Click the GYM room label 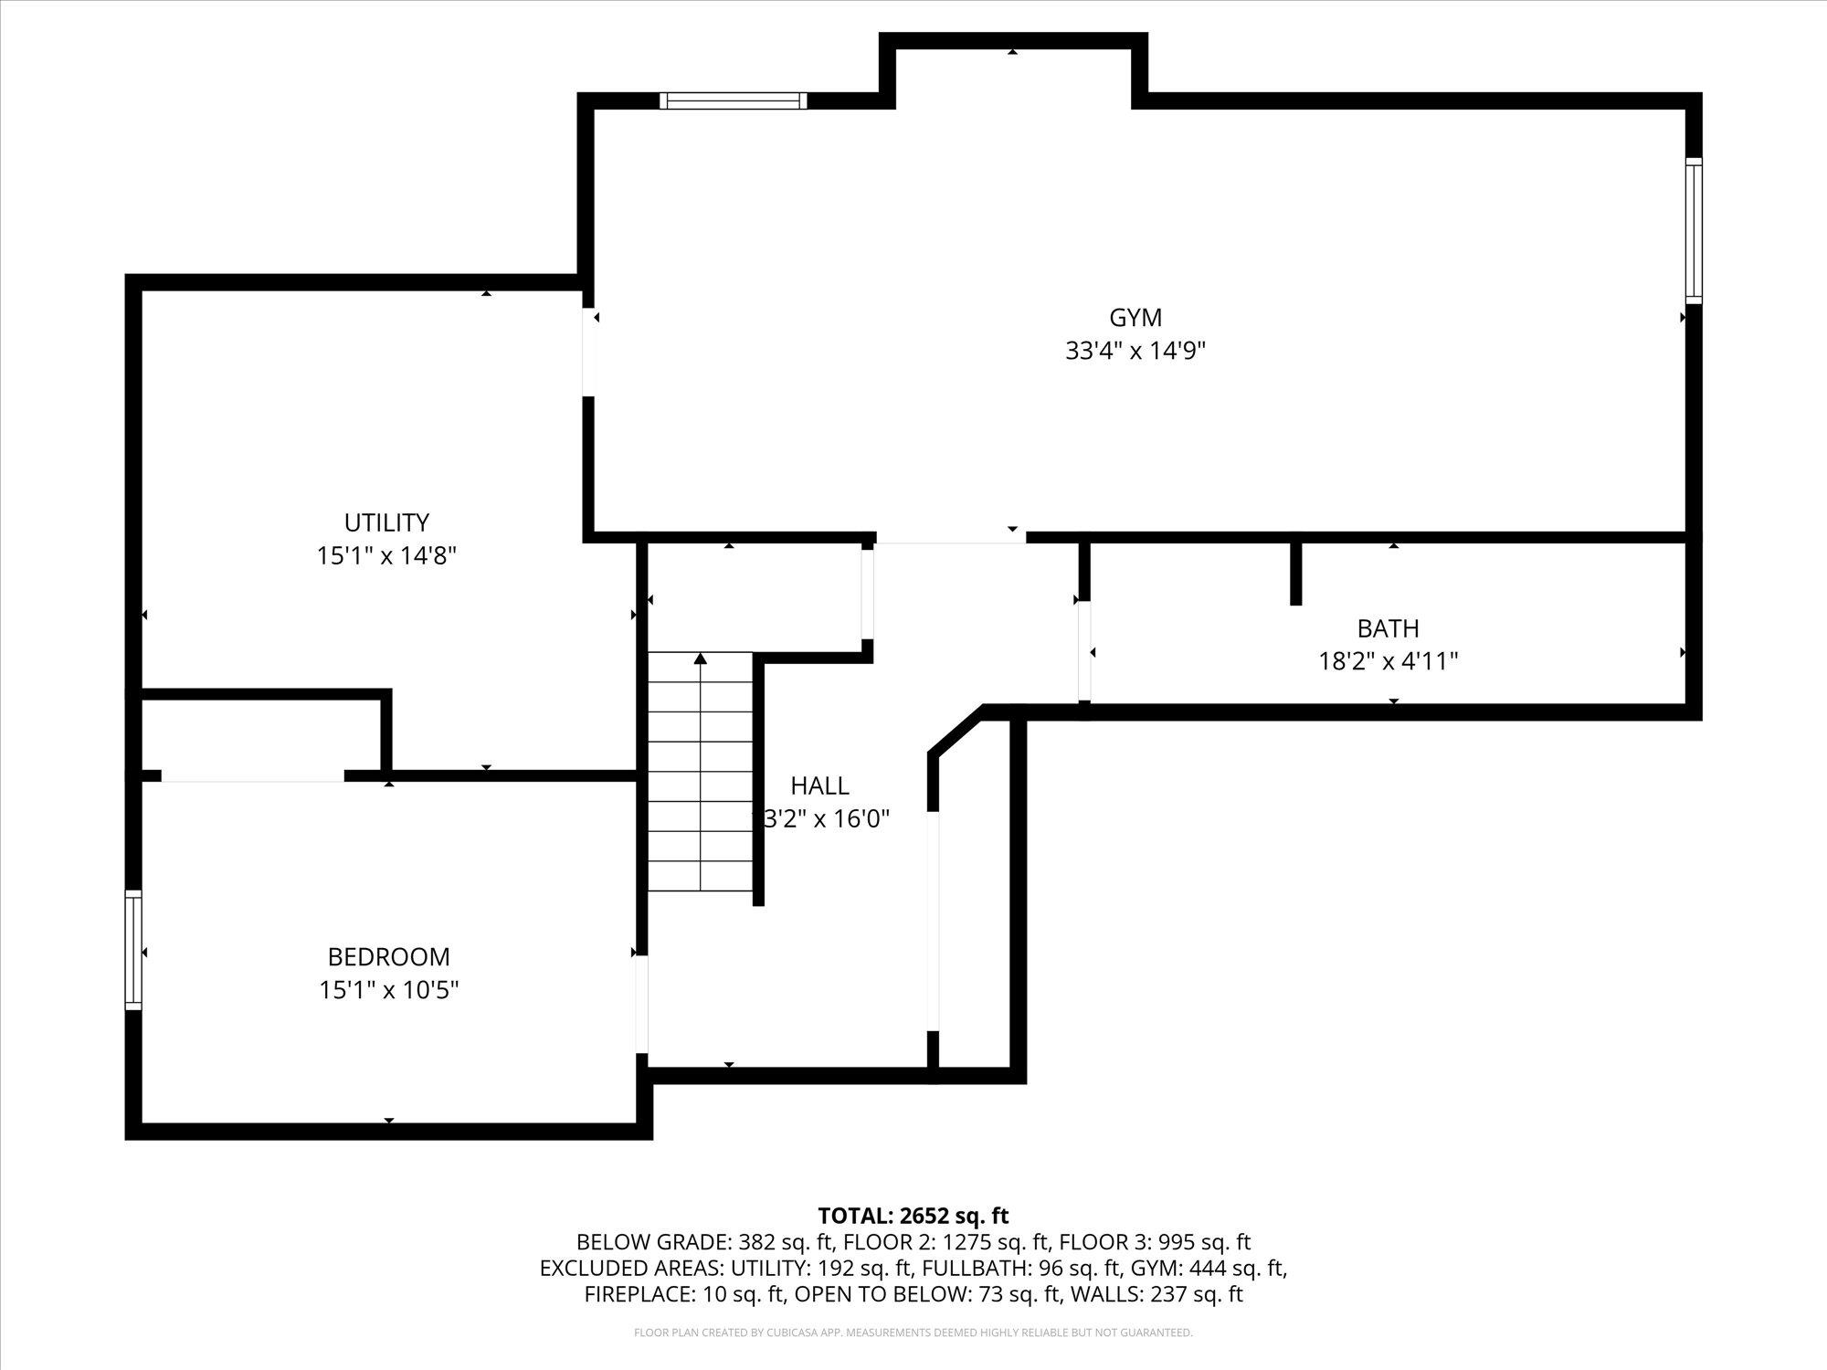point(1135,318)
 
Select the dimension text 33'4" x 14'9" point(1135,352)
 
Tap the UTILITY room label point(386,522)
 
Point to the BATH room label point(1388,628)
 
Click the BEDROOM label point(388,957)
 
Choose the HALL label point(819,785)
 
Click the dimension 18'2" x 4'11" point(1388,661)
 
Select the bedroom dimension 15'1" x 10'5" point(388,990)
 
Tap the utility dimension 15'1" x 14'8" point(386,556)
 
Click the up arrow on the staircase point(701,659)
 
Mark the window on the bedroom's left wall point(133,950)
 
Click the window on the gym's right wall point(1694,230)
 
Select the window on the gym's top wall point(734,100)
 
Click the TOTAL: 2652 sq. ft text point(913,1216)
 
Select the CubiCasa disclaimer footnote point(913,1333)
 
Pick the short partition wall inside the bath point(1295,574)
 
